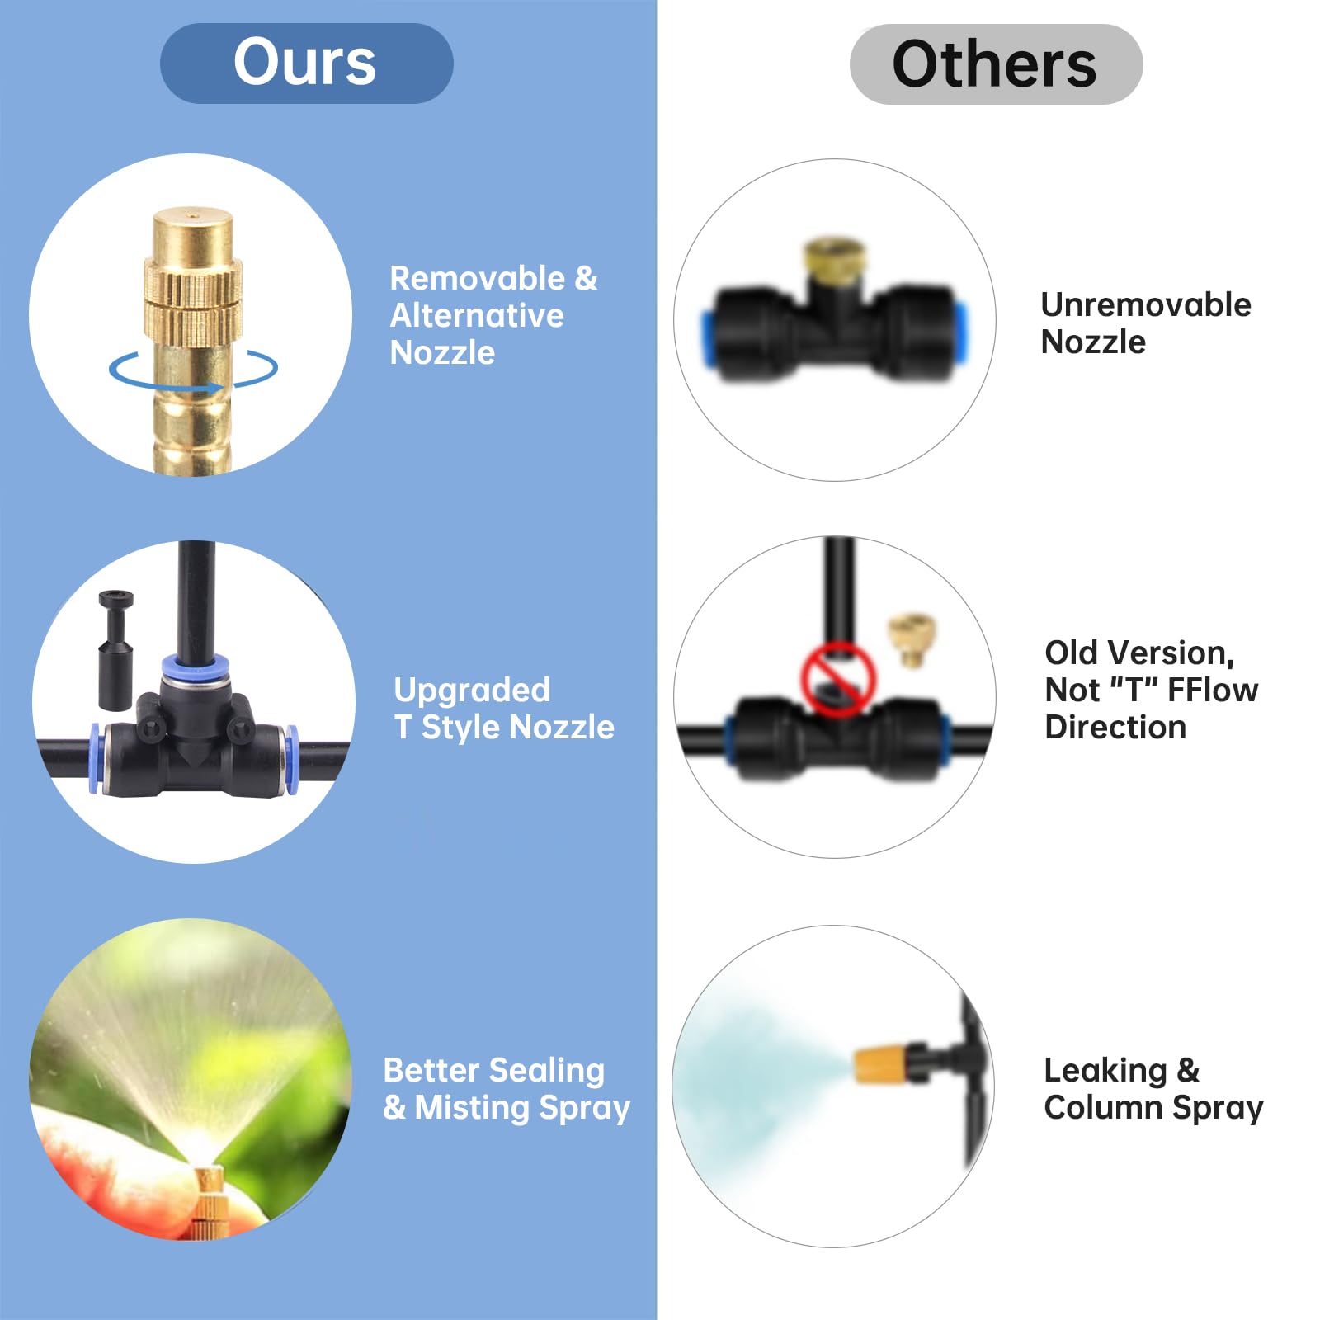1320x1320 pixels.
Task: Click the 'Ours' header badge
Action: pos(306,64)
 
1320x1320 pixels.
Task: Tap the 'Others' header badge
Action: pos(996,64)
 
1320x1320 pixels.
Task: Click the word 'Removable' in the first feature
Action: pos(477,279)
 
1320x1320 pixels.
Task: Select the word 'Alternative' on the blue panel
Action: pos(477,316)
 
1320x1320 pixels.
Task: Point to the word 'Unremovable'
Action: pos(1146,305)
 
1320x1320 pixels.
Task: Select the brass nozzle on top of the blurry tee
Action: pos(833,260)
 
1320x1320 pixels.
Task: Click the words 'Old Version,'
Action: pos(1139,653)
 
